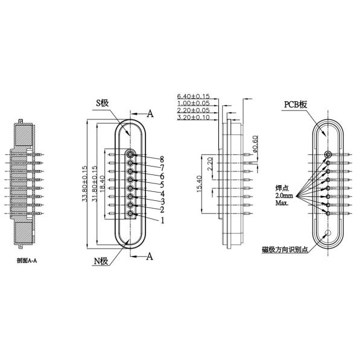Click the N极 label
pos(100,261)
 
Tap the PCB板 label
pos(295,105)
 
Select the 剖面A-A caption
pos(30,261)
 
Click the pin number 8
pos(162,159)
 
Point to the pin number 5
pos(162,185)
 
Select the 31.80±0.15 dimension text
pos(94,184)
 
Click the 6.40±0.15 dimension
pos(193,96)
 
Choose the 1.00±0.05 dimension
pos(193,103)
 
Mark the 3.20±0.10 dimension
pos(193,118)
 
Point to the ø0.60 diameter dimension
pos(258,145)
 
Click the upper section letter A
pos(150,113)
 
